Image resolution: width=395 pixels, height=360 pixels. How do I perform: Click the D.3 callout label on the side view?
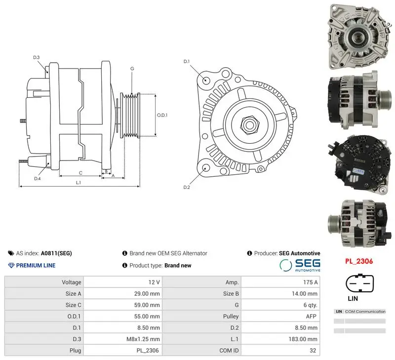point(36,57)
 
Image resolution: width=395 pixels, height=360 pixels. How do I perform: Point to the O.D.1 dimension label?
point(162,115)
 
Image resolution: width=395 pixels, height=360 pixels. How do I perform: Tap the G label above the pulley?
point(132,69)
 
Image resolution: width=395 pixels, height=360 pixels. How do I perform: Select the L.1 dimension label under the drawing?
point(79,182)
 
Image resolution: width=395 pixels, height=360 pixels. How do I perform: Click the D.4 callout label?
point(38,179)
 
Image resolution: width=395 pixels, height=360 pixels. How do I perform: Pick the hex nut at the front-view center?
point(250,124)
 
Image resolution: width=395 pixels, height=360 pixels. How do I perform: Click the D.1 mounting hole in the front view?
point(206,80)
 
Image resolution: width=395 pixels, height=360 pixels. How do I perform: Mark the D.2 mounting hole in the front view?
point(206,168)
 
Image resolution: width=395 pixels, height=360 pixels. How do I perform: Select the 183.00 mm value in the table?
point(303,339)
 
